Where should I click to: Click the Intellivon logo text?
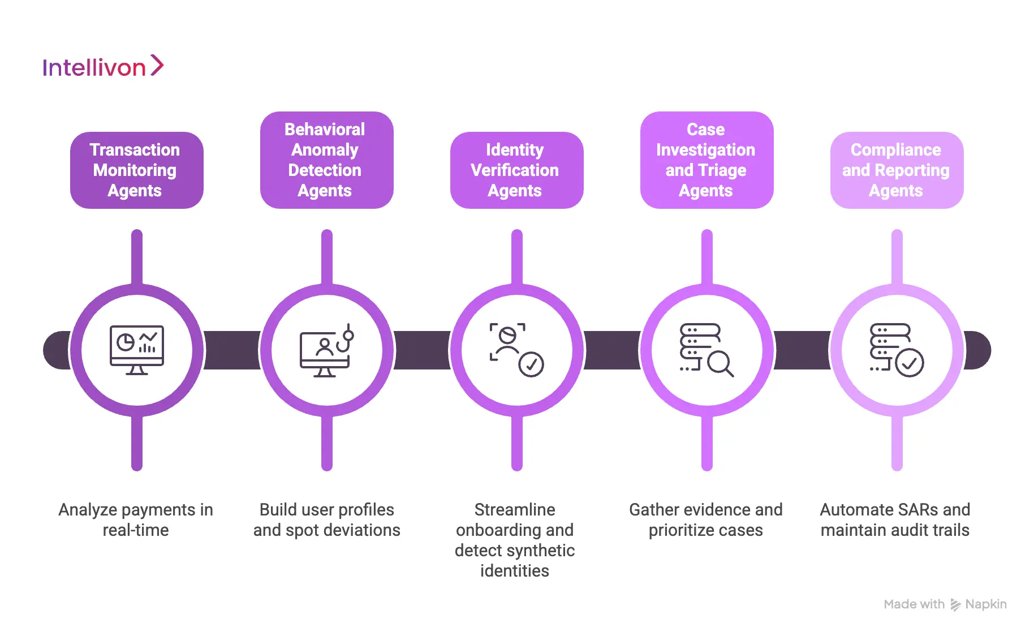(x=94, y=68)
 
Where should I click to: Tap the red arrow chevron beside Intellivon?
(x=157, y=66)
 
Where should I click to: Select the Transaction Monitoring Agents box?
(x=136, y=170)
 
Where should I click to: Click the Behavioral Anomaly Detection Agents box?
(x=326, y=160)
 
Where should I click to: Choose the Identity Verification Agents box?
(x=516, y=170)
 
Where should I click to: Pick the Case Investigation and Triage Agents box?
(x=706, y=160)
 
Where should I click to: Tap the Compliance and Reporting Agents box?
(x=897, y=170)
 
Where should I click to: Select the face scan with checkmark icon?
(x=516, y=350)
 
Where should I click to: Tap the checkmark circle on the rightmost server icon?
(x=910, y=363)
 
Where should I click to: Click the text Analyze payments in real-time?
(x=136, y=519)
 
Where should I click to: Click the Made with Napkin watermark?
(x=945, y=604)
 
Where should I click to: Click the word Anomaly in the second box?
(x=325, y=150)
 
